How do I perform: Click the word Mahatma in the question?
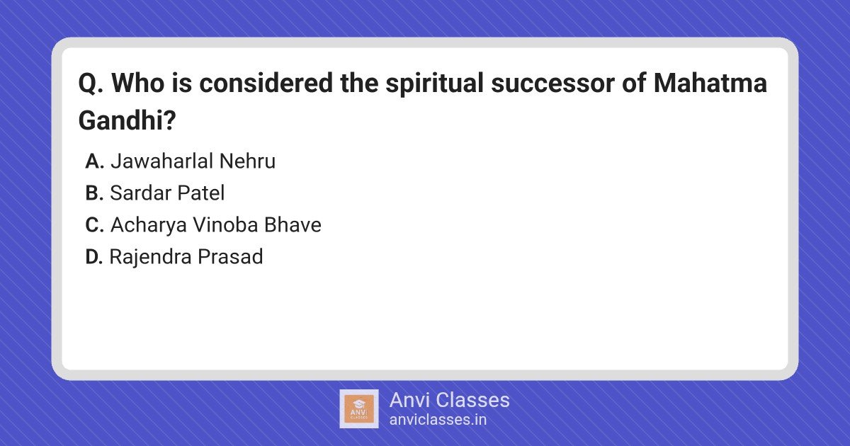pos(710,83)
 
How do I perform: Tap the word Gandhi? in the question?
pos(127,120)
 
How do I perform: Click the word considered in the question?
pos(266,83)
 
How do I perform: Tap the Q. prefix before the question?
pos(91,84)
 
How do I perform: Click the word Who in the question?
pos(138,83)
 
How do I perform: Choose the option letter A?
pos(94,161)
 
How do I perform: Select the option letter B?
pos(94,193)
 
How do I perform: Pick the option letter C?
pos(94,225)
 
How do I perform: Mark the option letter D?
pos(94,257)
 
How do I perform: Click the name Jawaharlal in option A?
pos(161,161)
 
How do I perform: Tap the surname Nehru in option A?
pos(247,161)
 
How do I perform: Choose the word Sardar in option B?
pos(140,193)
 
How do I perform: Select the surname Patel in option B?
pos(201,193)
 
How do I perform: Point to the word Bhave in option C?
pos(293,225)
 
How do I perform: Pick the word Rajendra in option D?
pos(150,257)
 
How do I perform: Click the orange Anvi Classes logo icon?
pos(359,409)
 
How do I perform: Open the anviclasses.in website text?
pos(438,420)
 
